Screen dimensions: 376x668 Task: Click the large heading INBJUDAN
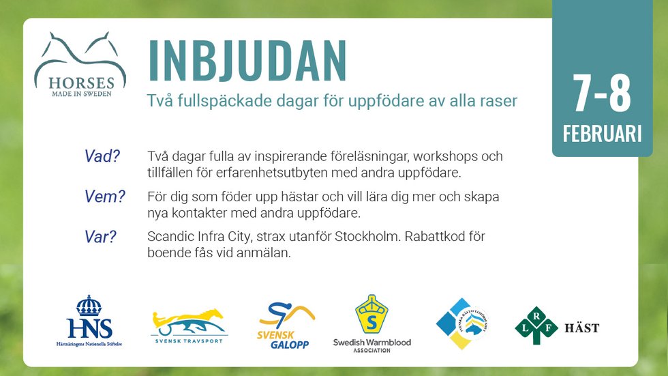(x=247, y=61)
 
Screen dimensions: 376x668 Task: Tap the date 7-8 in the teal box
(x=602, y=95)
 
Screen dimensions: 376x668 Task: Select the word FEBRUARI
(x=602, y=134)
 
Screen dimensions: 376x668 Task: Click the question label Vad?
(x=102, y=156)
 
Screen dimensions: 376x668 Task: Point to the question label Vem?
(x=105, y=197)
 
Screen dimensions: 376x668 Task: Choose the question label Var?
(x=101, y=237)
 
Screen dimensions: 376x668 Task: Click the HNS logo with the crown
(x=89, y=321)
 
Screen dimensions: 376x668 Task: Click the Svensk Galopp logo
(x=286, y=326)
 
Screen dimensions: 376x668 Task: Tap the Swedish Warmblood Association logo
(x=371, y=324)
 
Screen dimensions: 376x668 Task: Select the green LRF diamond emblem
(x=536, y=326)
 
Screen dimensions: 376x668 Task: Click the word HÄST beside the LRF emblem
(x=582, y=328)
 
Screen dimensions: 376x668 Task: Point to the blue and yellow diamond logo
(x=462, y=323)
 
